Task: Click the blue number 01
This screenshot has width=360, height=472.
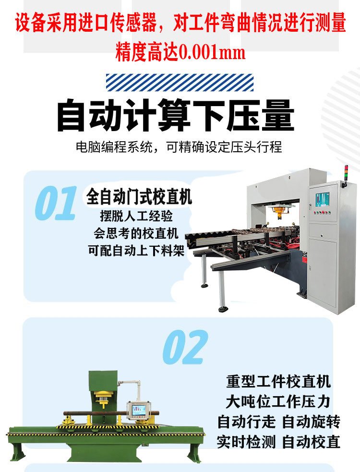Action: click(56, 203)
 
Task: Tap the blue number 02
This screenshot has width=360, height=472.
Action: click(185, 347)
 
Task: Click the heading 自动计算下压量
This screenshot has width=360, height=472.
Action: click(176, 115)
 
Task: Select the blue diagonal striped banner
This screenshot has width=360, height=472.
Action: click(180, 82)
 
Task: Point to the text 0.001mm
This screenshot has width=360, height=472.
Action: click(212, 52)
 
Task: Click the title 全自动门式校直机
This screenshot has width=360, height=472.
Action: click(139, 197)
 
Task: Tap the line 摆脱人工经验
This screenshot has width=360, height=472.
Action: click(136, 216)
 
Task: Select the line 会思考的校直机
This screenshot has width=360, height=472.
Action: click(136, 233)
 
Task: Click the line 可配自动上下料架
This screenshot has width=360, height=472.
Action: click(136, 251)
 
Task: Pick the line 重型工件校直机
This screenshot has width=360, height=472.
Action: click(278, 382)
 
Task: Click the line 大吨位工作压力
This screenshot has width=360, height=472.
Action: click(278, 401)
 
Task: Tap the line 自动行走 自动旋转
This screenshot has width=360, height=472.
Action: click(279, 422)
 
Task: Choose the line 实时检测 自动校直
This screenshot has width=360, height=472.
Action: click(279, 442)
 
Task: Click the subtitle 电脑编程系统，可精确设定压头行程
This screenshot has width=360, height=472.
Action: click(179, 147)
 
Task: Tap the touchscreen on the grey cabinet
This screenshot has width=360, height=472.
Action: click(322, 200)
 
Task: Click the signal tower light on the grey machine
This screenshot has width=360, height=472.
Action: click(346, 172)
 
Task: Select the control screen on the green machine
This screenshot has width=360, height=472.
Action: click(138, 410)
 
